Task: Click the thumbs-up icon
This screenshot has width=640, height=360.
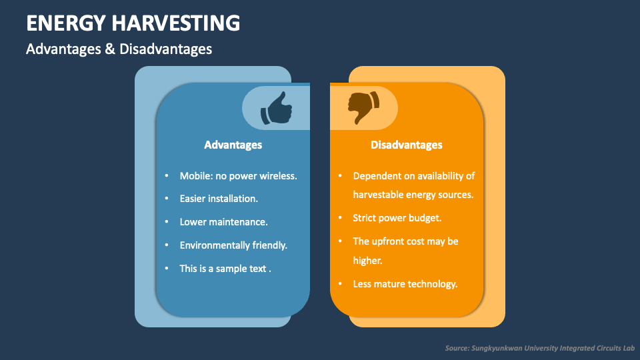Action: [x=276, y=108]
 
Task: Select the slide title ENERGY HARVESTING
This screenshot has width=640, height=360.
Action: [x=133, y=23]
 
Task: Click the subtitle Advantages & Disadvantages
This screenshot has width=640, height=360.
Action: [x=119, y=49]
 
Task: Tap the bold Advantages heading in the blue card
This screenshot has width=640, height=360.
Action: [x=233, y=145]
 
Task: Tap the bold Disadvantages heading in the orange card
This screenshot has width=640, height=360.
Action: [x=406, y=145]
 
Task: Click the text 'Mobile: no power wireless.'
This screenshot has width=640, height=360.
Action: [x=238, y=176]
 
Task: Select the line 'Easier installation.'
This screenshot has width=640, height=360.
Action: [x=219, y=199]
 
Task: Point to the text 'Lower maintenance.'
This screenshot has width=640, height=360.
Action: [x=223, y=222]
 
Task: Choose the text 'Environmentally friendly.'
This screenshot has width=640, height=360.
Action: [x=233, y=245]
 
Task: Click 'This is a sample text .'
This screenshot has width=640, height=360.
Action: [x=225, y=268]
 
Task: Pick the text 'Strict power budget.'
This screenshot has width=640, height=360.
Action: [x=397, y=218]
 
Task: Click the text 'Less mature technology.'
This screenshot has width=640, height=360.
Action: [x=405, y=284]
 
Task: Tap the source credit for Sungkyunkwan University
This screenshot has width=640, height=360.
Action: [x=540, y=348]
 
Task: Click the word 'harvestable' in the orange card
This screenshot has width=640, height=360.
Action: [x=379, y=195]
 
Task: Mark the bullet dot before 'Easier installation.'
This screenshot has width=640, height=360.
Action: [x=167, y=199]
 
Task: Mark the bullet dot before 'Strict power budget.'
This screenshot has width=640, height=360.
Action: [x=340, y=218]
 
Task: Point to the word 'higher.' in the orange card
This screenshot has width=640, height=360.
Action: [x=367, y=261]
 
